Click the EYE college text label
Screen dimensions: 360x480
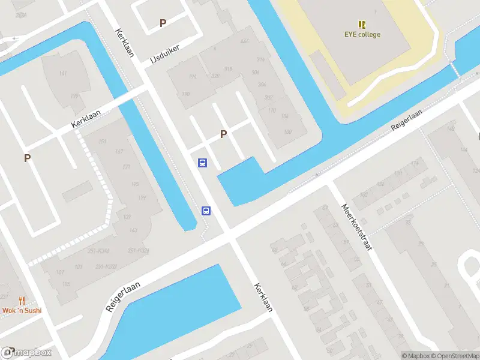[362, 35]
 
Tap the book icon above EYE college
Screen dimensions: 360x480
[362, 25]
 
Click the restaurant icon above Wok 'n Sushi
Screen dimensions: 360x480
[22, 300]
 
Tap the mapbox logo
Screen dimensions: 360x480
[26, 353]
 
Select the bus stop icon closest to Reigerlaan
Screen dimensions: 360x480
[206, 210]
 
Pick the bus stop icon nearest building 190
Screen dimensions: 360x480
[203, 163]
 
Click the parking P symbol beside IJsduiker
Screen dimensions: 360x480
[163, 23]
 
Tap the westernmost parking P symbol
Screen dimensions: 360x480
[27, 158]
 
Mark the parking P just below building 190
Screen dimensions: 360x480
[223, 134]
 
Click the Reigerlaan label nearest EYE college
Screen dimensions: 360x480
[406, 120]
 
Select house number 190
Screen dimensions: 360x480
[185, 94]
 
